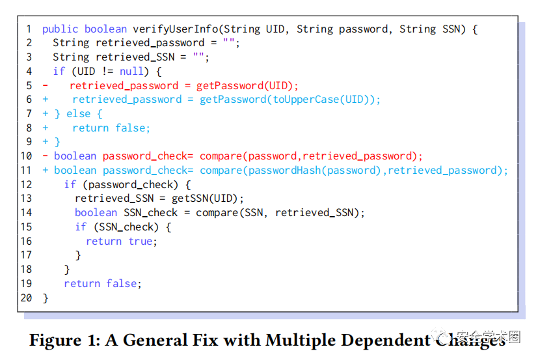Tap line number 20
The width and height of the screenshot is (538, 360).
pyautogui.click(x=26, y=298)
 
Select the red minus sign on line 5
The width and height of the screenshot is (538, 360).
pyautogui.click(x=45, y=86)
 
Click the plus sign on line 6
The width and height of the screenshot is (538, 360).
pyautogui.click(x=46, y=100)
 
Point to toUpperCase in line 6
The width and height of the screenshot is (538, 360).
pyautogui.click(x=304, y=100)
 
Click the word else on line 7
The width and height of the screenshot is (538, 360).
pyautogui.click(x=79, y=114)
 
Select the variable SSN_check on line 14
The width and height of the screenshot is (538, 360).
pyautogui.click(x=150, y=213)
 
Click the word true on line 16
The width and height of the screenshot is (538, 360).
pyautogui.click(x=140, y=241)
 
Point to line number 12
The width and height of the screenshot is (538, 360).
pyautogui.click(x=26, y=185)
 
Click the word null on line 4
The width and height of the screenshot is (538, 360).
pyautogui.click(x=133, y=72)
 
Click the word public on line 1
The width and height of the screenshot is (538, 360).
pyautogui.click(x=60, y=29)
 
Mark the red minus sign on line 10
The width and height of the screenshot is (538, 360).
pyautogui.click(x=45, y=156)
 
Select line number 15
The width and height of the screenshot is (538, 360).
pyautogui.click(x=26, y=227)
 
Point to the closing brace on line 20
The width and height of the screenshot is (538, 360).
pyautogui.click(x=46, y=298)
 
